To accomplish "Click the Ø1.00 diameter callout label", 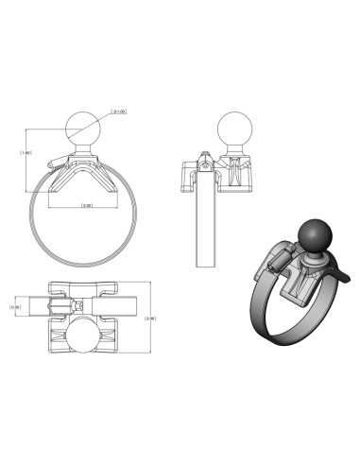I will [x=120, y=112].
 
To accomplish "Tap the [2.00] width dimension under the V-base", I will [x=86, y=205].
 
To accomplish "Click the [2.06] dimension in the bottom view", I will [x=150, y=319].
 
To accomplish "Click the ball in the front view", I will [x=86, y=127].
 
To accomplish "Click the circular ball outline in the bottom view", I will [x=87, y=338].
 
